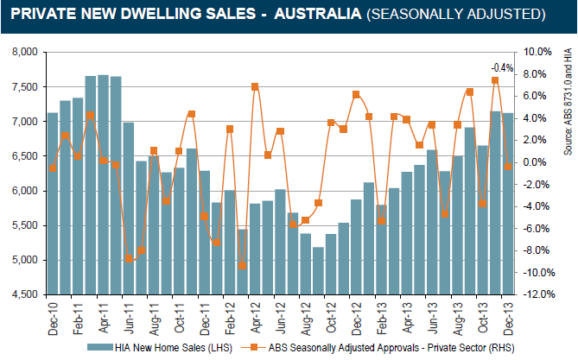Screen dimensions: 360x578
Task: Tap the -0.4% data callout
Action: pos(502,67)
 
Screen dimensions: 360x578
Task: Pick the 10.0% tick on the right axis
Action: pos(537,52)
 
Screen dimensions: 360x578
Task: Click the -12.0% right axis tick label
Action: pos(537,294)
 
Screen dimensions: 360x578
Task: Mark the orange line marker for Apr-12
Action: pos(255,86)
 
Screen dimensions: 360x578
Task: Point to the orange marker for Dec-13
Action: pos(508,166)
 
